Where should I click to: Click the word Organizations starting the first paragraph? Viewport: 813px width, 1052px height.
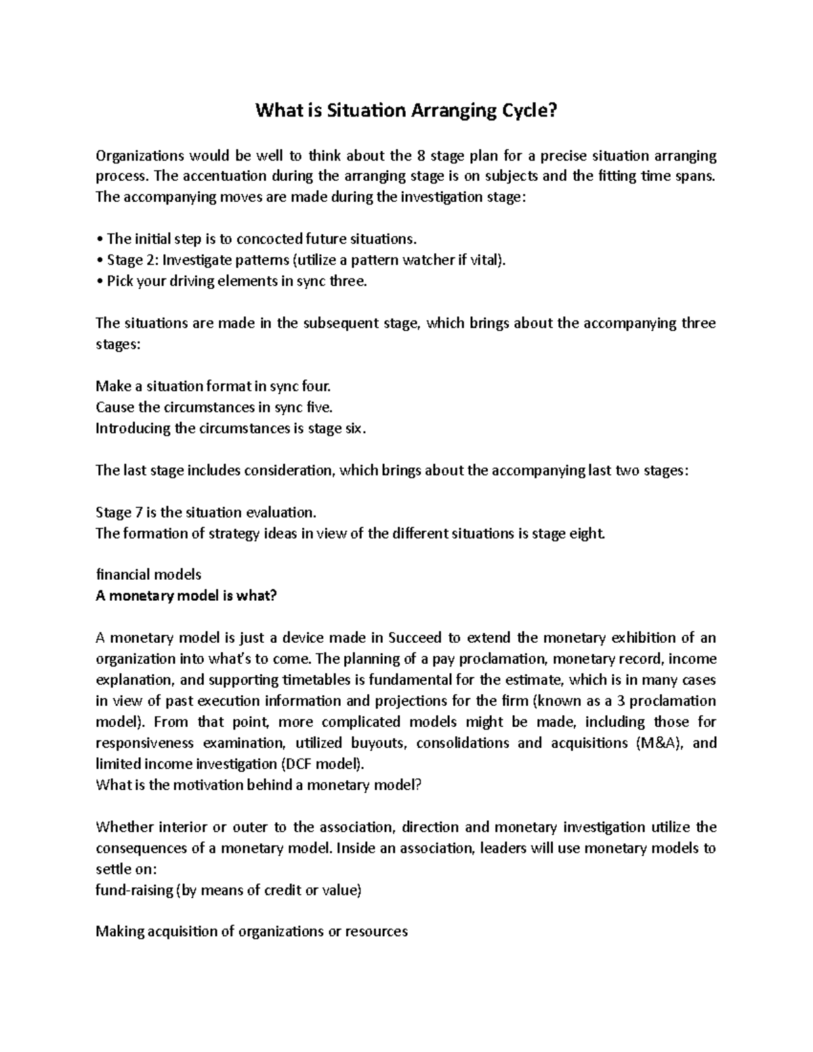tap(140, 156)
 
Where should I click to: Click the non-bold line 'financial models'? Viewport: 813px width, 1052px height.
tap(148, 574)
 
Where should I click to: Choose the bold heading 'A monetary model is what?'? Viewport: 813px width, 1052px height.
tap(186, 595)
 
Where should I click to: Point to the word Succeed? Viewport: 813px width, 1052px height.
tap(415, 637)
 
